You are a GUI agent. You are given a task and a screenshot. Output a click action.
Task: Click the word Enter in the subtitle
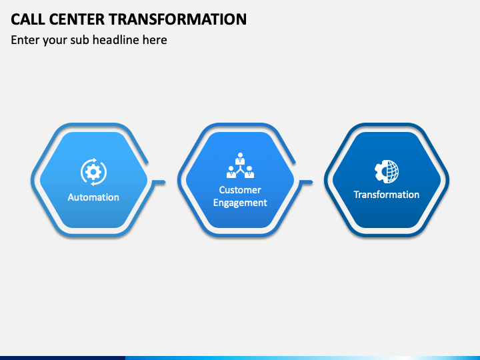pyautogui.click(x=25, y=40)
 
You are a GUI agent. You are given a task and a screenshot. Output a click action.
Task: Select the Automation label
pyautogui.click(x=93, y=197)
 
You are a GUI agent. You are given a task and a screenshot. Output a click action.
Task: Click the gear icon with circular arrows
pyautogui.click(x=93, y=172)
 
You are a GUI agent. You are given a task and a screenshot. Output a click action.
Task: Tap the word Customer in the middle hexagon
pyautogui.click(x=240, y=190)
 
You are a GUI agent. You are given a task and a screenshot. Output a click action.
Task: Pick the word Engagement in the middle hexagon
pyautogui.click(x=240, y=203)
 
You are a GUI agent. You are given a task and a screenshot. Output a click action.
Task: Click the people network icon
pyautogui.click(x=240, y=166)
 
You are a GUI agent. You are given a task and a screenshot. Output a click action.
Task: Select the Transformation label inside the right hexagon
pyautogui.click(x=387, y=195)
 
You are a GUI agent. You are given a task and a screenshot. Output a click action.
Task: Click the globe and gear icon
pyautogui.click(x=387, y=171)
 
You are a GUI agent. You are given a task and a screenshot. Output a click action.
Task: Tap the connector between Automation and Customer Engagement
pyautogui.click(x=159, y=181)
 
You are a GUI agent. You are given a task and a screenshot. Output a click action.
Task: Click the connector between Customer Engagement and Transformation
pyautogui.click(x=306, y=181)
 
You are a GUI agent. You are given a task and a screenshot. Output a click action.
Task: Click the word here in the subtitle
pyautogui.click(x=155, y=40)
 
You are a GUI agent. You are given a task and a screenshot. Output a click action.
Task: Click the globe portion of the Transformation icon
pyautogui.click(x=391, y=171)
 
